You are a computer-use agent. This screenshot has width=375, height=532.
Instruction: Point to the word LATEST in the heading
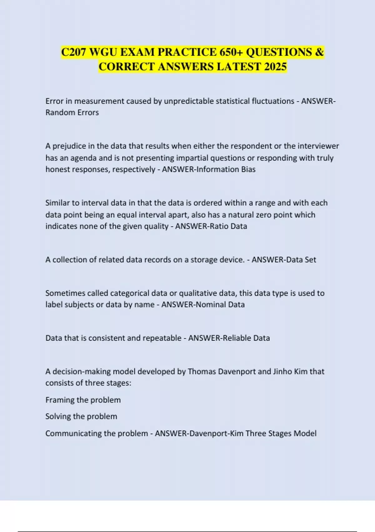coord(239,67)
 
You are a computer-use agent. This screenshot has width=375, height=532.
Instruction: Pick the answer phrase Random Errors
coord(72,112)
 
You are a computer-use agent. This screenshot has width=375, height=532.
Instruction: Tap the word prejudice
coord(67,146)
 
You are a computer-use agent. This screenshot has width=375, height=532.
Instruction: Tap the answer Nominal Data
coord(220,304)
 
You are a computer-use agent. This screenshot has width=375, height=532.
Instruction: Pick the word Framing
coord(60,400)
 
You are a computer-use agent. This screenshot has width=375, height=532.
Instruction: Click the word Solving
coord(58,417)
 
